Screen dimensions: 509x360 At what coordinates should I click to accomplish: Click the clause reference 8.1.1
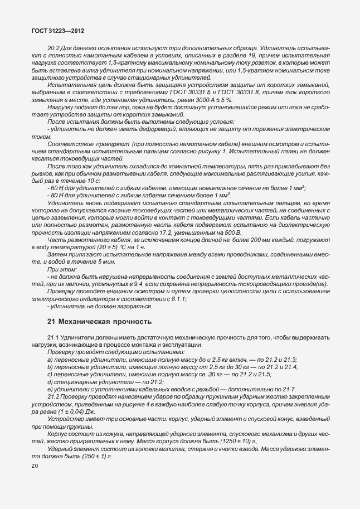click(176, 299)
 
